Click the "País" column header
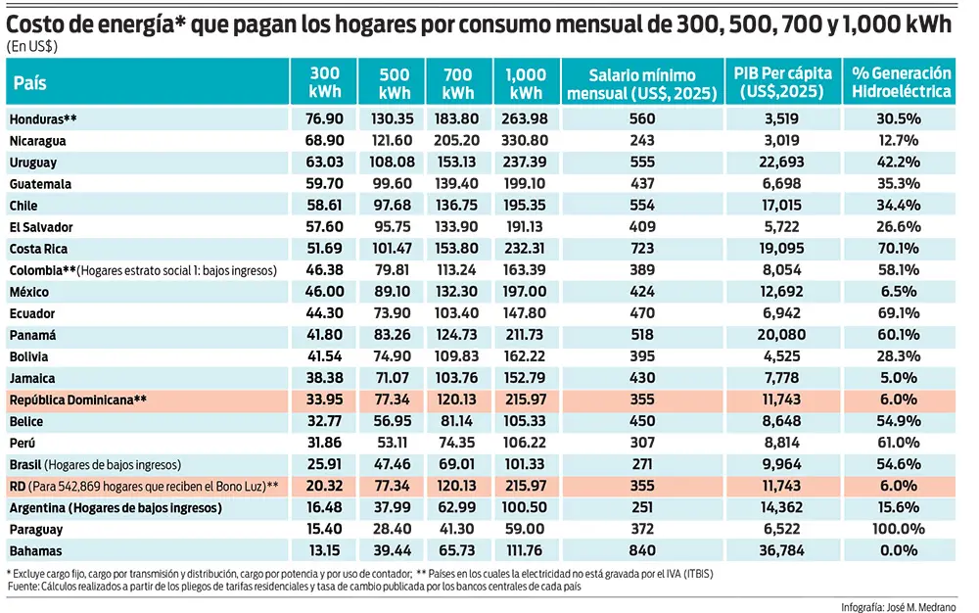31,83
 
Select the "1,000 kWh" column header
526,83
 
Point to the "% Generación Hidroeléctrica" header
901,83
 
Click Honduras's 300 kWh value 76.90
325,118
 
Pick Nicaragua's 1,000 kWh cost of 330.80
526,140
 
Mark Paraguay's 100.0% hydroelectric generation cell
901,530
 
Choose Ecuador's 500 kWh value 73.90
394,313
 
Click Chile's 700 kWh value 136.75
459,206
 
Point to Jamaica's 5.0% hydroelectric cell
901,378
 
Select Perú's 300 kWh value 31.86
325,443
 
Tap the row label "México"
29,292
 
